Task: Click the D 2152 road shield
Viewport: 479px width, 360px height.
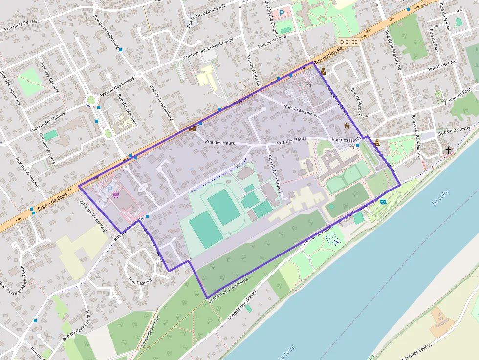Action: pyautogui.click(x=348, y=42)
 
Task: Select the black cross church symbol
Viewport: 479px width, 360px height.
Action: pyautogui.click(x=448, y=150)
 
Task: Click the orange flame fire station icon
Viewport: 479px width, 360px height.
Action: pyautogui.click(x=347, y=126)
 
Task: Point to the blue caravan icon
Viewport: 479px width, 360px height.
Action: pyautogui.click(x=384, y=201)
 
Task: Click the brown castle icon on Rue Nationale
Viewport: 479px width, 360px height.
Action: pyautogui.click(x=192, y=129)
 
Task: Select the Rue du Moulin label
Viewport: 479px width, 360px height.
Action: pyautogui.click(x=298, y=109)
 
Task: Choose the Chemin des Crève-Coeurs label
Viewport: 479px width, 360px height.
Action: pyautogui.click(x=208, y=50)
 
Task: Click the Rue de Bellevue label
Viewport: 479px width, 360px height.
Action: pyautogui.click(x=454, y=130)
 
